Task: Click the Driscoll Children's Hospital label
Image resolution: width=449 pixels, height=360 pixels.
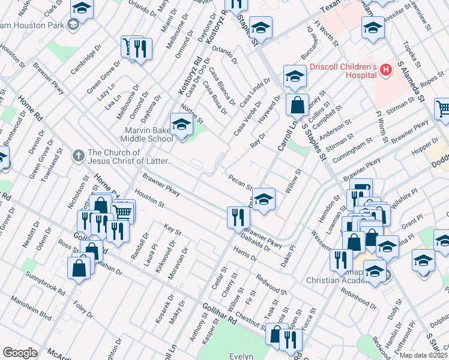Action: (x=343, y=71)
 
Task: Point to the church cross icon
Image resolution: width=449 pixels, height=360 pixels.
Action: (x=78, y=156)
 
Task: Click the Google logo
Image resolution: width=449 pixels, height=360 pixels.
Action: (x=20, y=352)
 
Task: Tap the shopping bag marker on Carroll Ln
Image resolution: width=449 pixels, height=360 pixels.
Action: (x=297, y=105)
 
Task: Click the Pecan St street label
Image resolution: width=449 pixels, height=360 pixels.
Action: (x=240, y=180)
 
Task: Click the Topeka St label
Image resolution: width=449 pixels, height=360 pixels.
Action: (x=411, y=55)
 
